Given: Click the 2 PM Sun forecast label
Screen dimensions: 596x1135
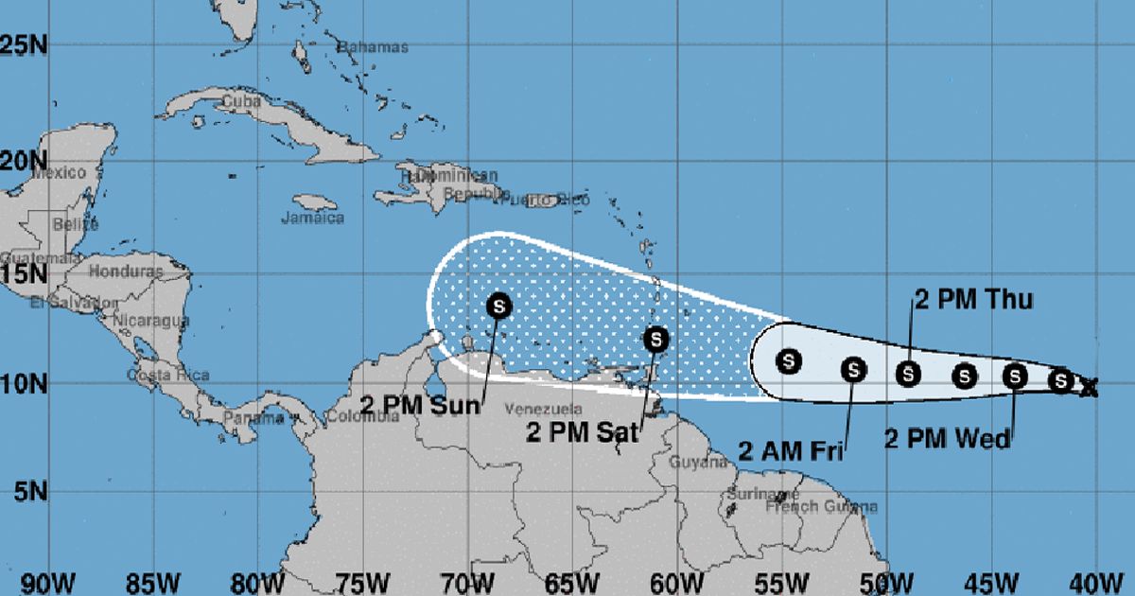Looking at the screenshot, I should (x=420, y=403).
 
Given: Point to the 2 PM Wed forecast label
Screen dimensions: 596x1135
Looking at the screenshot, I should (x=947, y=438).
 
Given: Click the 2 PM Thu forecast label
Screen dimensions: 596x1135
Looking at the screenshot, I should (x=973, y=301).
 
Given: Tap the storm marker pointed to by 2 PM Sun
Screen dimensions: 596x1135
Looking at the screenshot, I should (x=499, y=306).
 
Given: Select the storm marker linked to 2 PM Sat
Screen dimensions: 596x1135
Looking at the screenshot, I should (x=656, y=339).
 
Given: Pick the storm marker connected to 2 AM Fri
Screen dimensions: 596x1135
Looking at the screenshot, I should (x=853, y=370).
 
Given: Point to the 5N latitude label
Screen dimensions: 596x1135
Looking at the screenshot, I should (x=21, y=491).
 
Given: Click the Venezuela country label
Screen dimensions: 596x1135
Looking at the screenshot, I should (x=544, y=410).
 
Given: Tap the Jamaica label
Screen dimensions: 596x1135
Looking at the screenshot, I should (x=313, y=218).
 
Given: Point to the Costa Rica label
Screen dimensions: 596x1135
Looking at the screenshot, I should (x=167, y=375).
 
